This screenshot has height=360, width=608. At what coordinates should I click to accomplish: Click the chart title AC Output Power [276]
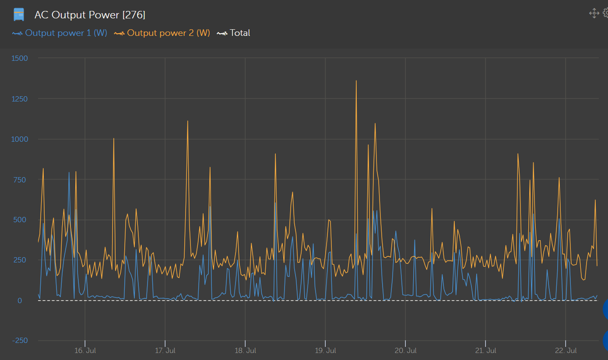[90, 15]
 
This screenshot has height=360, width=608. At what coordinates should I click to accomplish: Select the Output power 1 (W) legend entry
[66, 33]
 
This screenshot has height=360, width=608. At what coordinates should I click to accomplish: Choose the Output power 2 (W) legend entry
[168, 33]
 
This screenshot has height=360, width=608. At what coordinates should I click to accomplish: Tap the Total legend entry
[239, 33]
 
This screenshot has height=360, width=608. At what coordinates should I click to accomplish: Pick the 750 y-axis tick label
[20, 180]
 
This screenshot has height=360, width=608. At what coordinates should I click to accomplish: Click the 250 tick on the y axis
[20, 260]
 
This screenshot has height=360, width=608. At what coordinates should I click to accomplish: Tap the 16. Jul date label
[85, 351]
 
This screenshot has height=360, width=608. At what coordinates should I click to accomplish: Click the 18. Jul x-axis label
[245, 351]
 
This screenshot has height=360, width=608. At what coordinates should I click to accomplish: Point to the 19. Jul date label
[325, 351]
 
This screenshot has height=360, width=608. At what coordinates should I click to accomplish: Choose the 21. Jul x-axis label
[485, 351]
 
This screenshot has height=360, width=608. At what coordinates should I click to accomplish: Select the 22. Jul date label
[566, 351]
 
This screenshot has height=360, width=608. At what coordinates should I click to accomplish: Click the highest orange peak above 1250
[356, 81]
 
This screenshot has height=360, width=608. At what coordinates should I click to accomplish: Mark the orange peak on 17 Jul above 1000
[187, 121]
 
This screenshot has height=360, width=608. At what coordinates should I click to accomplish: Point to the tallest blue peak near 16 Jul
[69, 173]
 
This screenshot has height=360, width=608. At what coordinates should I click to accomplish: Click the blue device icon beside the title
[19, 15]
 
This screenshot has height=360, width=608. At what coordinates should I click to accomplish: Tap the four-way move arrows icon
[594, 13]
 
